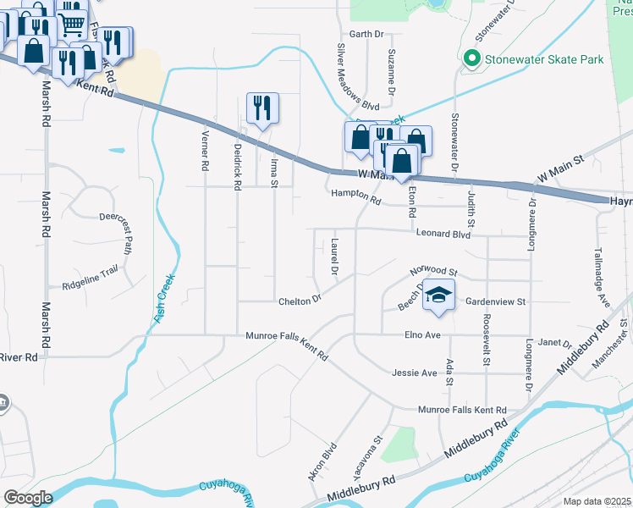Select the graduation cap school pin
438,294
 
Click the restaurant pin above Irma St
262,108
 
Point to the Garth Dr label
366,35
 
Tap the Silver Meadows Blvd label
358,77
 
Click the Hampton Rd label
355,196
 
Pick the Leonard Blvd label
442,234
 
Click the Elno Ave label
422,335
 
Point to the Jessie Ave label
415,373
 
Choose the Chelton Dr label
300,301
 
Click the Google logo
29,498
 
